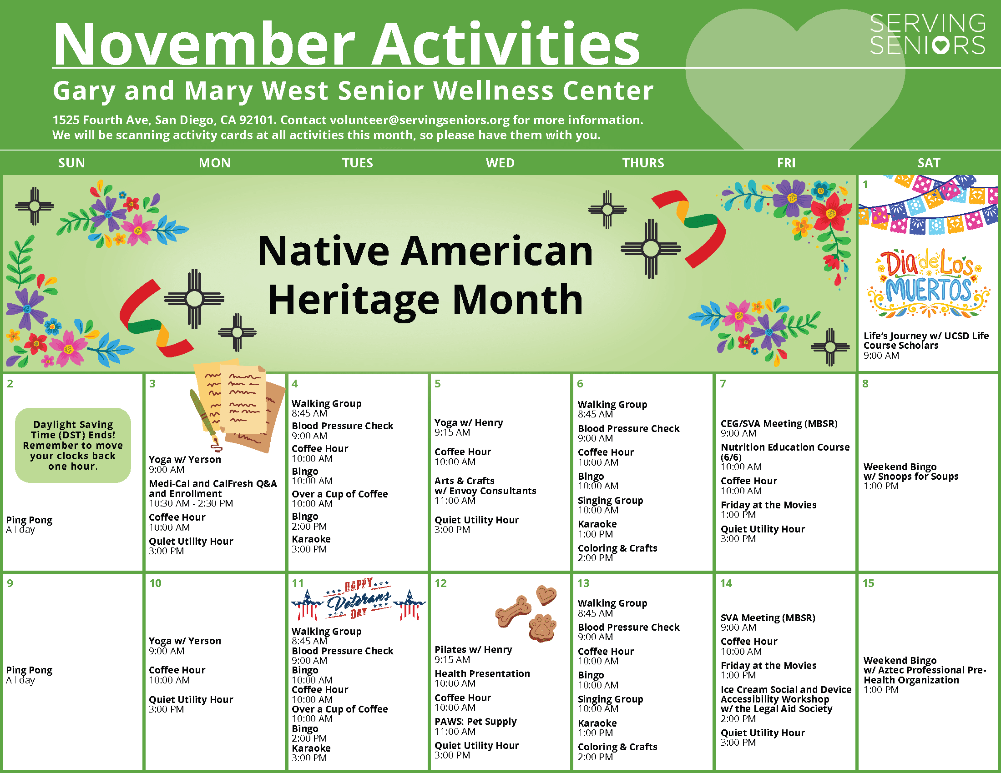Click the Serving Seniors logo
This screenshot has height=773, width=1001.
927,35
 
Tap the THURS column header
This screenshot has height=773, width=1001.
643,163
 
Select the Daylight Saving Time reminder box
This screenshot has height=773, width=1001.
73,445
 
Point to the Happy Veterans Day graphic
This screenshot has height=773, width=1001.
359,599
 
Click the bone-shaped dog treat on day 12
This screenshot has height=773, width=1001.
513,610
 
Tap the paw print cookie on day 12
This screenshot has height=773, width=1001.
542,627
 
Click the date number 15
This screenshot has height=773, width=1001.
868,583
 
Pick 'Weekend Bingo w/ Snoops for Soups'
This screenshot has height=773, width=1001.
910,472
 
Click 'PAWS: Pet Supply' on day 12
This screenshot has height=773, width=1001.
475,722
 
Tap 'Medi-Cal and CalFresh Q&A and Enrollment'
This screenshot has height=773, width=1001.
212,488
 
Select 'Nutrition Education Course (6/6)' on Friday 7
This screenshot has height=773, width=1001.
785,452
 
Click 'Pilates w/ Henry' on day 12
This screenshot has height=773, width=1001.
473,649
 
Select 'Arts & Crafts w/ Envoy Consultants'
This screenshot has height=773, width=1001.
485,486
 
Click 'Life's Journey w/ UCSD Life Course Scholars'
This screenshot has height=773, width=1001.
926,340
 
